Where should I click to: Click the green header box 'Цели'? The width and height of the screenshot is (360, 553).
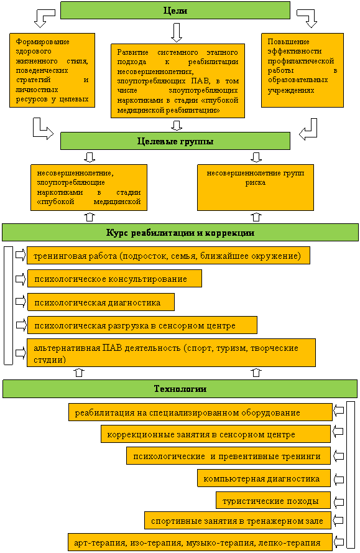[x=175, y=10]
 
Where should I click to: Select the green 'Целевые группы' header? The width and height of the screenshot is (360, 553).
[x=175, y=141]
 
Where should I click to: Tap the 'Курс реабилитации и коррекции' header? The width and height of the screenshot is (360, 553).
[x=180, y=233]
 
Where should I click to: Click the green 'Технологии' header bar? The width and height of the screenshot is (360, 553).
[x=180, y=389]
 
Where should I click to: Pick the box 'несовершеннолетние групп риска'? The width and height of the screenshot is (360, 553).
[x=256, y=187]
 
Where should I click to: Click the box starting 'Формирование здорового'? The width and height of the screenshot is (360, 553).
[x=52, y=70]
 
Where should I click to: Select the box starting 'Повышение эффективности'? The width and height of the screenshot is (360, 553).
[x=302, y=70]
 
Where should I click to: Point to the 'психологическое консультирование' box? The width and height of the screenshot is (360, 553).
[x=114, y=279]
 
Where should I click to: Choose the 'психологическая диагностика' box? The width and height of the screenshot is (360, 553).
[x=101, y=302]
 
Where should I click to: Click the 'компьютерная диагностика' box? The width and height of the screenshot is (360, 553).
[x=264, y=478]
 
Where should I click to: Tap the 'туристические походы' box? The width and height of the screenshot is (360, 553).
[x=273, y=501]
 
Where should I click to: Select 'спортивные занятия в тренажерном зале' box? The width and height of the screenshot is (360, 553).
[x=238, y=521]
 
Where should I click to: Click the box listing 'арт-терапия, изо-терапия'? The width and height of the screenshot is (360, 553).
[x=200, y=542]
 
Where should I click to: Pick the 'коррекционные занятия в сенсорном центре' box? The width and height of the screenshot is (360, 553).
[x=216, y=434]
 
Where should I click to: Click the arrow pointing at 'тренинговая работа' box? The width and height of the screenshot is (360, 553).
[x=21, y=255]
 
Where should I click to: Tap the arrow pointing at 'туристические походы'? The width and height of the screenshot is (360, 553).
[x=338, y=502]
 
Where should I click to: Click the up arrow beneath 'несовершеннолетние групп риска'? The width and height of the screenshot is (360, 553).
[x=256, y=216]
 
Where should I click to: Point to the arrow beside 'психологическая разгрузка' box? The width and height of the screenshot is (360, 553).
[x=21, y=325]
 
